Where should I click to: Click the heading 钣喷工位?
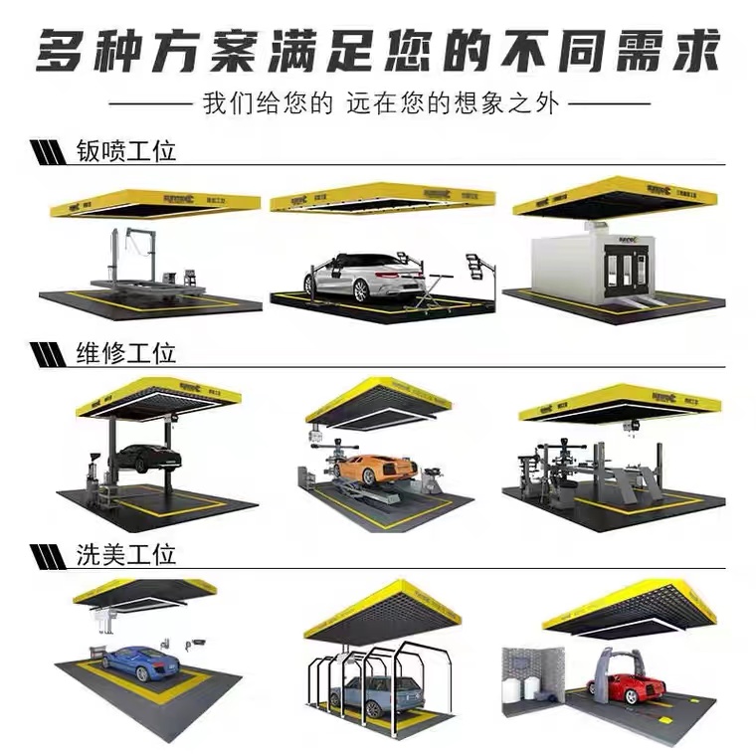tap(125, 151)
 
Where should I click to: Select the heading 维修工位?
tap(125, 352)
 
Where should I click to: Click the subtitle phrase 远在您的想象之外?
tap(468, 103)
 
